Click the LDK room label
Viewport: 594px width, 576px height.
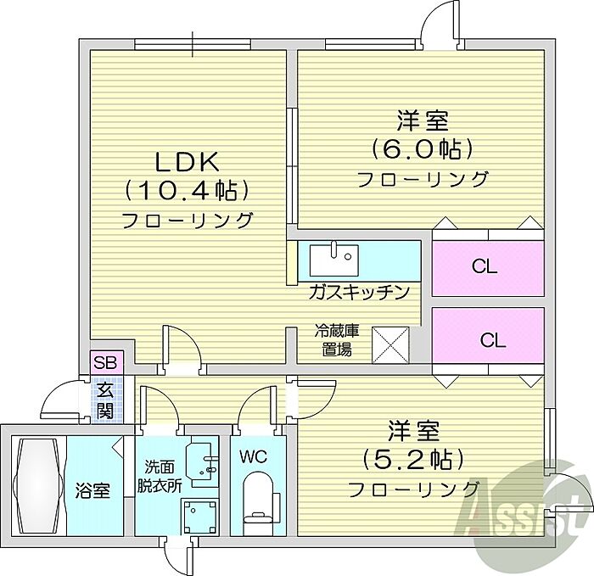click(x=186, y=160)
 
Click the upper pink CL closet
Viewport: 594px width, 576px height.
click(x=486, y=267)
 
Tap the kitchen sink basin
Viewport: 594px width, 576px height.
click(x=333, y=259)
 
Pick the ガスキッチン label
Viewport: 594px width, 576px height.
click(x=359, y=292)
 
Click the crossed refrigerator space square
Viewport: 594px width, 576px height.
click(x=391, y=343)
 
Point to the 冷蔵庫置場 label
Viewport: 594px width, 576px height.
click(x=333, y=340)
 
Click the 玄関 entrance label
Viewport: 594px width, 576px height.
click(x=105, y=401)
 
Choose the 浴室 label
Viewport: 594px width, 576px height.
click(x=92, y=490)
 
